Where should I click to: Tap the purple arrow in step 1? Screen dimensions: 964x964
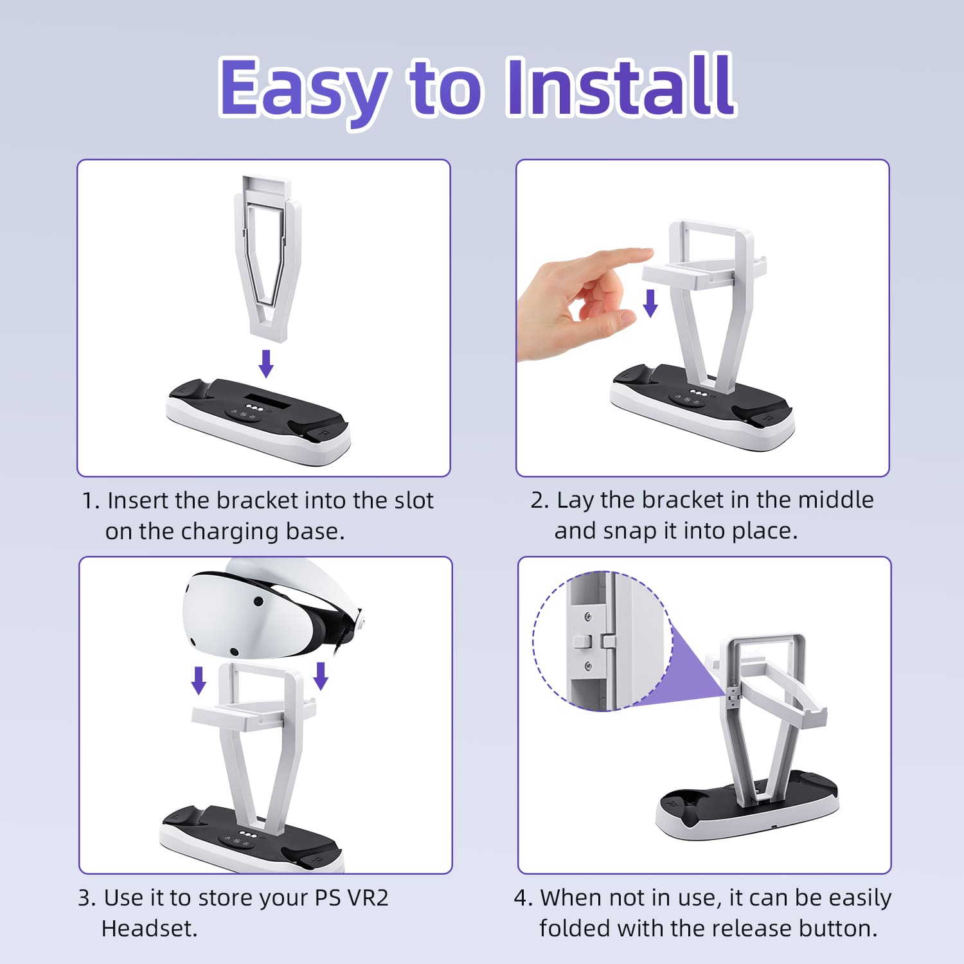266,364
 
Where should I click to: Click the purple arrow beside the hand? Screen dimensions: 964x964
650,303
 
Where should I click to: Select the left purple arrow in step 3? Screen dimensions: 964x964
199,681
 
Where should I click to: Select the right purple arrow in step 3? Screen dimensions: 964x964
321,676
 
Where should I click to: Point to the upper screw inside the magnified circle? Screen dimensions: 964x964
587,618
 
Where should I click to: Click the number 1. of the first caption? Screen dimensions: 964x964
91,501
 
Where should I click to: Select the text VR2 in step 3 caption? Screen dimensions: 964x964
368,898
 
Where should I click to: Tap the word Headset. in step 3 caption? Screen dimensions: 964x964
149,929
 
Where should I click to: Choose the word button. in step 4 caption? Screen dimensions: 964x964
838,929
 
